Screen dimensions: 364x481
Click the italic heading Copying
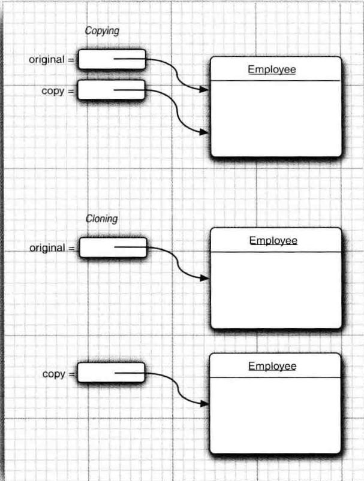pyautogui.click(x=102, y=31)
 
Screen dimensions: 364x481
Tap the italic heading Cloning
pyautogui.click(x=102, y=219)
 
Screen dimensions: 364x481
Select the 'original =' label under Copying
pyautogui.click(x=52, y=60)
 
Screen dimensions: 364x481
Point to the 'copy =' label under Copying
pyautogui.click(x=58, y=91)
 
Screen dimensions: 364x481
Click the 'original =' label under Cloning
pyautogui.click(x=53, y=248)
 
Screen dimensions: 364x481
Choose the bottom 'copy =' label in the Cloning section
pyautogui.click(x=59, y=374)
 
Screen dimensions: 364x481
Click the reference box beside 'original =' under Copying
pyautogui.click(x=112, y=59)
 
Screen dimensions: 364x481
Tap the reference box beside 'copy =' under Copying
pyautogui.click(x=112, y=90)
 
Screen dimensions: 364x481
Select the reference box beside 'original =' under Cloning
pyautogui.click(x=113, y=247)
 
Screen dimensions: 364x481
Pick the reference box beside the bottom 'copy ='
pyautogui.click(x=112, y=373)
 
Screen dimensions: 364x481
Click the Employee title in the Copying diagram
pyautogui.click(x=272, y=69)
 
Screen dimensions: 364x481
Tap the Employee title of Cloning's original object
pyautogui.click(x=273, y=241)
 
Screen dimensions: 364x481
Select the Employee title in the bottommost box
pyautogui.click(x=272, y=366)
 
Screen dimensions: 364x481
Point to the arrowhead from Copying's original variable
pyautogui.click(x=204, y=90)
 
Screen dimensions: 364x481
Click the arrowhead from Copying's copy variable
pyautogui.click(x=204, y=132)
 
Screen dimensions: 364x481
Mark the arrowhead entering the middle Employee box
pyautogui.click(x=204, y=278)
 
